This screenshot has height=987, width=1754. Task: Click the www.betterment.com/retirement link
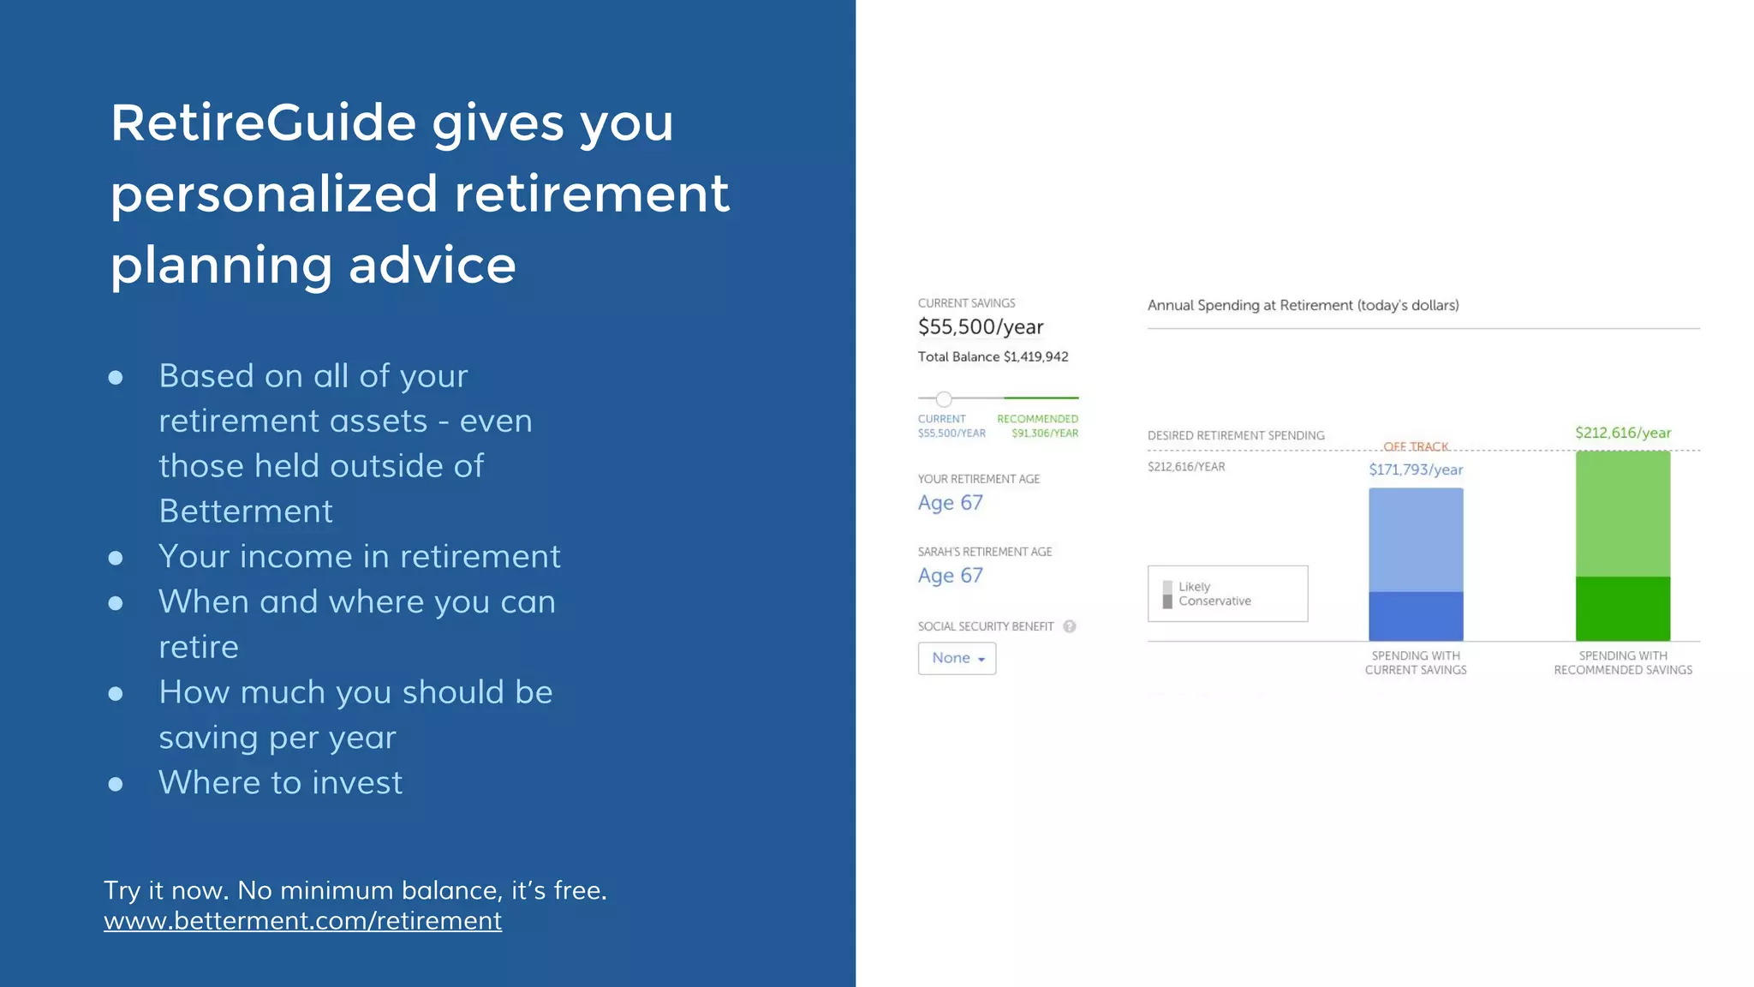302,921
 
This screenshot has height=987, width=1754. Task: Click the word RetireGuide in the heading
263,123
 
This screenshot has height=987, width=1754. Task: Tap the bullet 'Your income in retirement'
359,557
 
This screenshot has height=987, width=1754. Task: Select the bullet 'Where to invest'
280,783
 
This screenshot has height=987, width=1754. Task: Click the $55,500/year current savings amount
981,327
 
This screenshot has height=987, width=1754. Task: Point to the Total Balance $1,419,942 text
993,357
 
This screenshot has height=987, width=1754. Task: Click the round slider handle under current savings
943,399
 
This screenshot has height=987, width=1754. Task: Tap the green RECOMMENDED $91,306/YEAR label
1037,426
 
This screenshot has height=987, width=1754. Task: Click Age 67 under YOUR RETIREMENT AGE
950,503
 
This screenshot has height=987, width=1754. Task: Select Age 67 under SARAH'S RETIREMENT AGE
950,576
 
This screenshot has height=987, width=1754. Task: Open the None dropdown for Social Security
957,659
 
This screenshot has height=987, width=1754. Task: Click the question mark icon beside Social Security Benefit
1069,626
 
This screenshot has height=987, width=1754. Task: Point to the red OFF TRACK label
1415,446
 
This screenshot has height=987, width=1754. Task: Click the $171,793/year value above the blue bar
1415,470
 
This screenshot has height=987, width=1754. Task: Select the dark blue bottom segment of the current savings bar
1415,616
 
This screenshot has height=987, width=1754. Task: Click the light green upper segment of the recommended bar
1622,514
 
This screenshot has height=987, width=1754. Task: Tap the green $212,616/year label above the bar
1622,434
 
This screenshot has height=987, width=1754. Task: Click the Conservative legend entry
1214,601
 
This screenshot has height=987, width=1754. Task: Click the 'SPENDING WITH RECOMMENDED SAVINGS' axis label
1622,663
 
